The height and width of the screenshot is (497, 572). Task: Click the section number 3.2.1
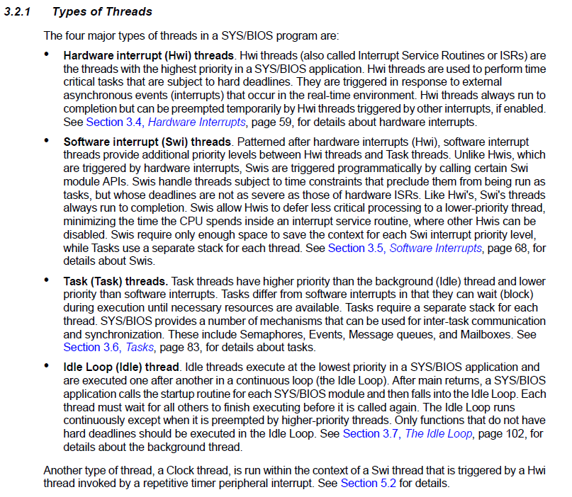[x=18, y=12]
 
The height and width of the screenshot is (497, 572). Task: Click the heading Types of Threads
[x=102, y=12]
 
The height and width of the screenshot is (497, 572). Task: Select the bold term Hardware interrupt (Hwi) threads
[x=148, y=55]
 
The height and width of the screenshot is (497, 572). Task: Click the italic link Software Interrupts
[x=435, y=248]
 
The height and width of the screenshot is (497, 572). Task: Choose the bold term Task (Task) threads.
[x=116, y=280]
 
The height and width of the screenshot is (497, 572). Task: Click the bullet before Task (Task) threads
[x=47, y=280]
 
